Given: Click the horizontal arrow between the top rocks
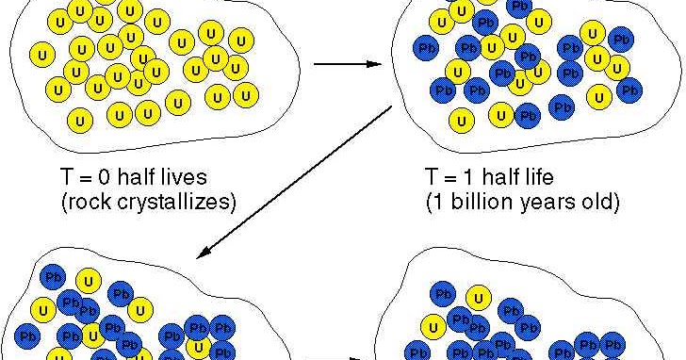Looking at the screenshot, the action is [348, 64].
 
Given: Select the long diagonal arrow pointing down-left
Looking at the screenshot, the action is [294, 182].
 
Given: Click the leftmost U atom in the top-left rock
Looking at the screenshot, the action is [42, 55].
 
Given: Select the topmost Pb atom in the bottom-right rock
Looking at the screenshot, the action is [443, 294].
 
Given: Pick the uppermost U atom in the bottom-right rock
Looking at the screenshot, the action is [478, 299].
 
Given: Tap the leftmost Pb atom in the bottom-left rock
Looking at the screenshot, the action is [27, 336].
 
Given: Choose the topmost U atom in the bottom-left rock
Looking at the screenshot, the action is [89, 282].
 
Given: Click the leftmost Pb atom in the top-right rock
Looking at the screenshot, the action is [426, 48].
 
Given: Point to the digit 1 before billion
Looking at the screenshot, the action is [441, 202].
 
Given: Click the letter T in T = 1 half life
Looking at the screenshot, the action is [432, 177].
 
